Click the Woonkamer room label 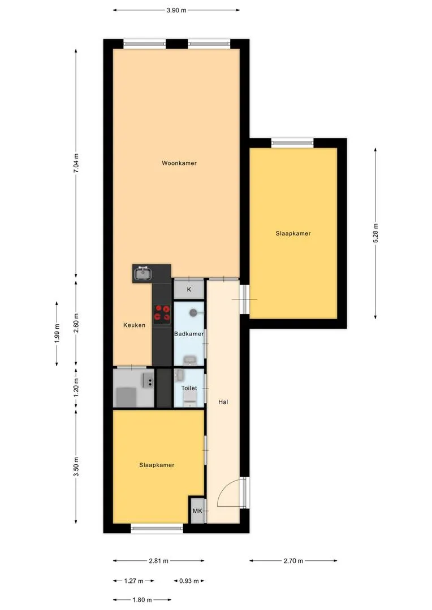coord(179,163)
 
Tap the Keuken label coord(135,325)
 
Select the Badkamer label coord(189,334)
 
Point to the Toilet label coord(189,388)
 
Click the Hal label coord(223,402)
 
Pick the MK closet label coord(197,511)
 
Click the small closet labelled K coord(189,289)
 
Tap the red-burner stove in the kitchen coord(162,314)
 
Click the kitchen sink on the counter coord(143,273)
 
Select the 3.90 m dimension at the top coord(176,11)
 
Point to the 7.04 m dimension coord(76,164)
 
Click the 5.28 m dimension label coord(375,233)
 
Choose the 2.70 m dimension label coord(293,561)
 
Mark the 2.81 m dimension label coord(158,561)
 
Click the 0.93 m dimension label coord(189,581)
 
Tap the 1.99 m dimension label coord(57,333)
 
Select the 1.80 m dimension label coord(142,600)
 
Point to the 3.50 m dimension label coord(76,467)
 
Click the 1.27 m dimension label coord(133,581)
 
